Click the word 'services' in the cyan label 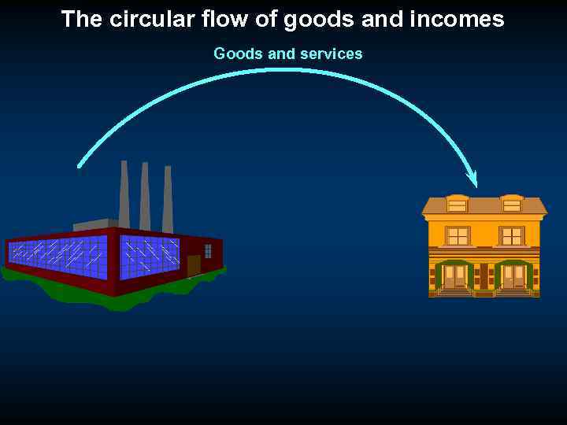tap(331, 54)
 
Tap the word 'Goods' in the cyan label tap(235, 54)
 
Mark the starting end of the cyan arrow tap(79, 165)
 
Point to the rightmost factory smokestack tap(167, 199)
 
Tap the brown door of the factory tap(193, 265)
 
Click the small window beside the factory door tap(208, 251)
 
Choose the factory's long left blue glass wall tap(57, 257)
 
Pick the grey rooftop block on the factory tap(94, 225)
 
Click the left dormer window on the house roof tap(457, 205)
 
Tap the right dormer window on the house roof tap(512, 205)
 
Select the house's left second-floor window tap(457, 235)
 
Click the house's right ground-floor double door tap(513, 276)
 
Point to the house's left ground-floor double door tap(454, 276)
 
